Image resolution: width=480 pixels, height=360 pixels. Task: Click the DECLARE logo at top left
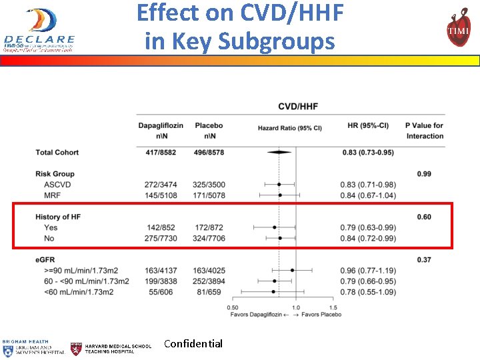39,30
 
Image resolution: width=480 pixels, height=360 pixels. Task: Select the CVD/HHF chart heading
297,106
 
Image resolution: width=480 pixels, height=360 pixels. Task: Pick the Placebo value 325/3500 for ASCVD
209,184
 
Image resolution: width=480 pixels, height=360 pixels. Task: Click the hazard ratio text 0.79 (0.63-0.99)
369,227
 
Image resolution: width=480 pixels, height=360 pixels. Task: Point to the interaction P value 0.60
424,217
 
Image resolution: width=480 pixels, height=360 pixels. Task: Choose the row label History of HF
58,217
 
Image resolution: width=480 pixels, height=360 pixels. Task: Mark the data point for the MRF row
280,195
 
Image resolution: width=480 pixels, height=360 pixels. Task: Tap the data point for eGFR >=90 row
292,270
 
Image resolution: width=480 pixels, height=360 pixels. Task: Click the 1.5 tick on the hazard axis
333,307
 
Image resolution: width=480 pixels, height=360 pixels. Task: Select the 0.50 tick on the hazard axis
233,307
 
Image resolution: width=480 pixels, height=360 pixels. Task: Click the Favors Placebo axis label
321,314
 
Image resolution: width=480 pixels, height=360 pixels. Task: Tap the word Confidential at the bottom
193,344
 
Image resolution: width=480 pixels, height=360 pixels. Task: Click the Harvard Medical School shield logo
77,348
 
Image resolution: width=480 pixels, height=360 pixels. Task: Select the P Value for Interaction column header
424,131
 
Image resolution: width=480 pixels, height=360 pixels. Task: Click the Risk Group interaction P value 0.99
424,174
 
